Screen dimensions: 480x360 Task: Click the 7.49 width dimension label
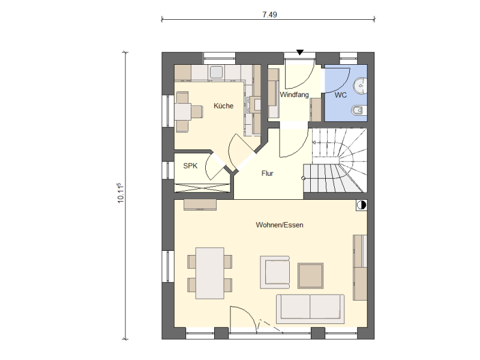pyautogui.click(x=269, y=14)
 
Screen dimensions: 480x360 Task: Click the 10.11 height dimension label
pyautogui.click(x=121, y=193)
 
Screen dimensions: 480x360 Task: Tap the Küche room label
pyautogui.click(x=223, y=106)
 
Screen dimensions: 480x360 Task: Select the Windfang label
pyautogui.click(x=294, y=95)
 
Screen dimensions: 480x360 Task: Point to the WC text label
pyautogui.click(x=340, y=95)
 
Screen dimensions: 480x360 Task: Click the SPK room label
pyautogui.click(x=190, y=166)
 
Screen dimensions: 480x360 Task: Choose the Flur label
pyautogui.click(x=267, y=173)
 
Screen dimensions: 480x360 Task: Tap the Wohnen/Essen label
pyautogui.click(x=280, y=225)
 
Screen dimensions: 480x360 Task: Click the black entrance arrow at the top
pyautogui.click(x=300, y=52)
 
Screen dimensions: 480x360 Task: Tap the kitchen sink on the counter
pyautogui.click(x=216, y=72)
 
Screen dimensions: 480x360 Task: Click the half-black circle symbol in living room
pyautogui.click(x=362, y=205)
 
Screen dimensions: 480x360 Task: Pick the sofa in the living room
pyautogui.click(x=310, y=309)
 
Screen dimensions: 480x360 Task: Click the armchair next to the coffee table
pyautogui.click(x=275, y=272)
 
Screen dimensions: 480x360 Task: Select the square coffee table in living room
pyautogui.click(x=310, y=275)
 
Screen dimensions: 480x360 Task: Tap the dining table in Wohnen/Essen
pyautogui.click(x=210, y=273)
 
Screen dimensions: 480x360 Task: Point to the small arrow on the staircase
pyautogui.click(x=314, y=142)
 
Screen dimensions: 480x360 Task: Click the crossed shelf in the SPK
pyautogui.click(x=202, y=188)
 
